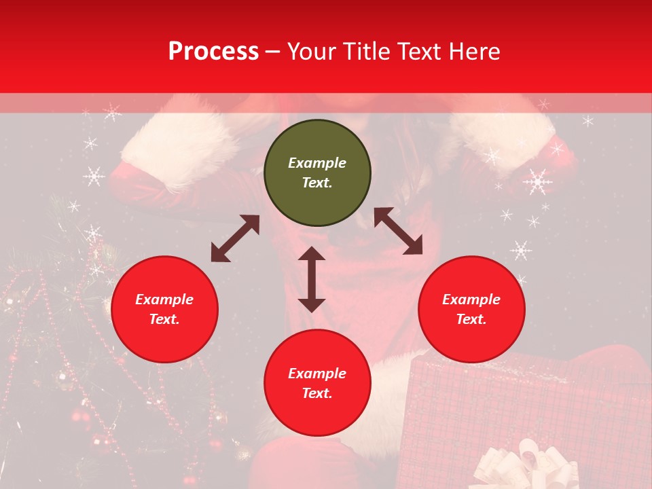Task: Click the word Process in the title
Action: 213,52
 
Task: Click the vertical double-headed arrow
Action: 312,279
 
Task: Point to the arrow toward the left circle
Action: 235,238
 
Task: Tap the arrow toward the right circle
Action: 399,231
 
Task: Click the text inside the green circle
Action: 317,173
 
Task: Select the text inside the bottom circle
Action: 317,383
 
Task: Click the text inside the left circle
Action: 164,309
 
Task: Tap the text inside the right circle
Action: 471,309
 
